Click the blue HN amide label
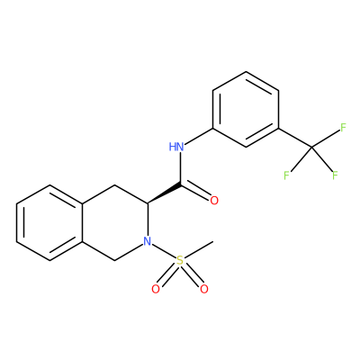pyautogui.click(x=176, y=147)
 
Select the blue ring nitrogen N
pyautogui.click(x=147, y=241)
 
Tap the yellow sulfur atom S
pyautogui.click(x=180, y=260)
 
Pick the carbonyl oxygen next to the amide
pyautogui.click(x=214, y=201)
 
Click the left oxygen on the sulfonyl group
pyautogui.click(x=156, y=289)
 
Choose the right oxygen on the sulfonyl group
pyautogui.click(x=204, y=289)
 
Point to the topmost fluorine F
pyautogui.click(x=343, y=128)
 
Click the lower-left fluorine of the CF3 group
pyautogui.click(x=287, y=175)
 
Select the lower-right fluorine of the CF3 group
pyautogui.click(x=335, y=175)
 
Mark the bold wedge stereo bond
pyautogui.click(x=164, y=193)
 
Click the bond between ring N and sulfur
pyautogui.click(x=164, y=251)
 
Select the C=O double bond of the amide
pyautogui.click(x=195, y=191)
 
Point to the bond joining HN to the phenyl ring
pyautogui.click(x=199, y=136)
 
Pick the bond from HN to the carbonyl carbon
pyautogui.click(x=180, y=167)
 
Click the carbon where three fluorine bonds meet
pyautogui.click(x=311, y=147)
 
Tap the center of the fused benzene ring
pyautogui.click(x=49, y=222)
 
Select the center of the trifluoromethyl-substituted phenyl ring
pyautogui.click(x=246, y=109)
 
